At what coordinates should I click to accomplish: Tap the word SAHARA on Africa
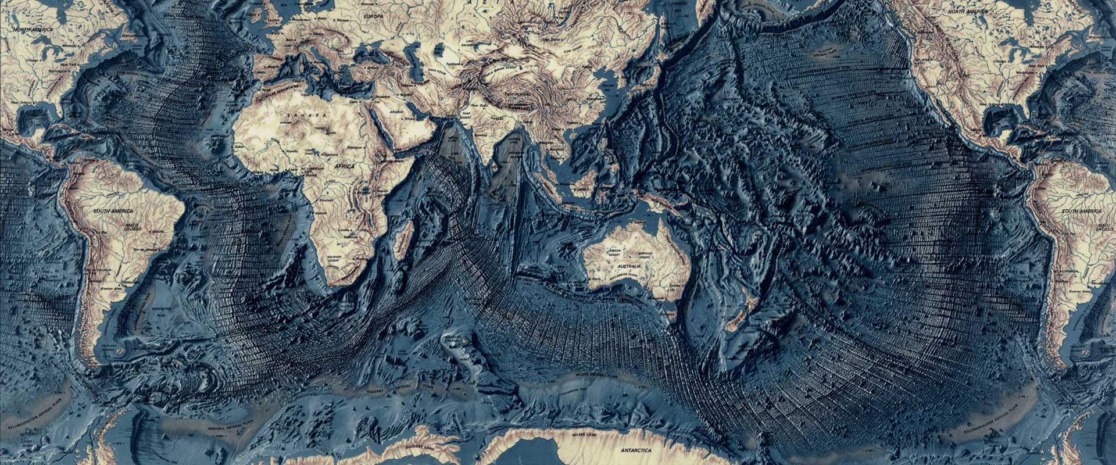tap(306, 116)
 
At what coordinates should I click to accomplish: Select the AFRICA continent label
tap(345, 166)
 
